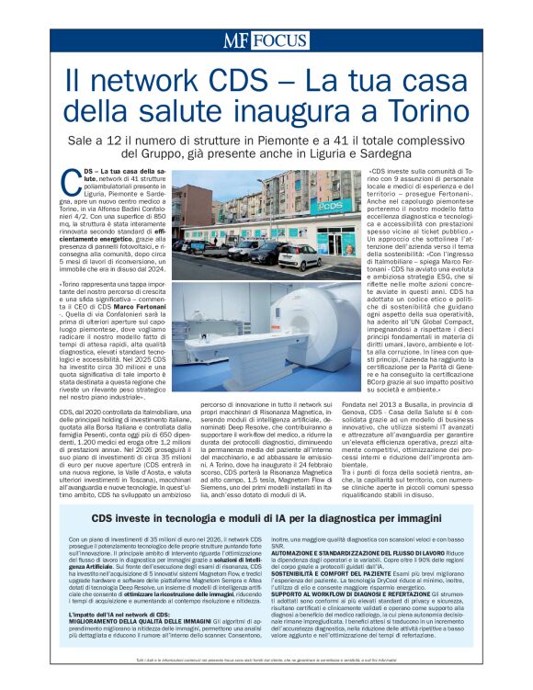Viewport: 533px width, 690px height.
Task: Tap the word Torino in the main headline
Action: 437,111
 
